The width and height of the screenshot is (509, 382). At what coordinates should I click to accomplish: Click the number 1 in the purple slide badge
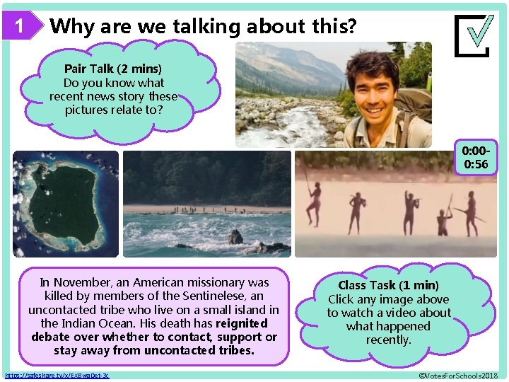pos(20,27)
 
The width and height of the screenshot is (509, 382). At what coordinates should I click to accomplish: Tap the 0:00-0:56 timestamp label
pos(475,158)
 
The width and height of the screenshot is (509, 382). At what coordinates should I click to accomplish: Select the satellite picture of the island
pos(66,203)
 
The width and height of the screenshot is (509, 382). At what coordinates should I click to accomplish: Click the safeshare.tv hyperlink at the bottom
pos(57,374)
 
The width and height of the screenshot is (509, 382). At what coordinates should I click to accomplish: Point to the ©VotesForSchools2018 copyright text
pos(458,374)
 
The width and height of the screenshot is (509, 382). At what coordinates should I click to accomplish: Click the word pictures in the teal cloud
pos(88,110)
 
